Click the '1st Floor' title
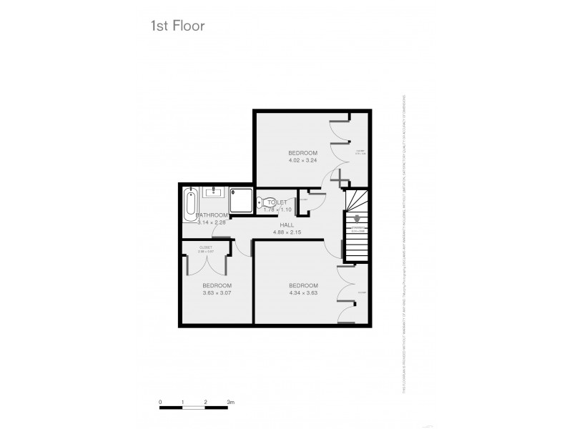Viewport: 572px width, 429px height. tap(177, 26)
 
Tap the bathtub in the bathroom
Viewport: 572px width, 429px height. tap(189, 205)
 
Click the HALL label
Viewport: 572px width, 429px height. tap(288, 225)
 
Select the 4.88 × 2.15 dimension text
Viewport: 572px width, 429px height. tap(288, 232)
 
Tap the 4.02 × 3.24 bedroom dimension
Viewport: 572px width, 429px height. tap(302, 161)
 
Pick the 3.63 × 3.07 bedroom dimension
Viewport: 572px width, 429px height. tap(217, 292)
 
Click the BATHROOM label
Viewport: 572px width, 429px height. tap(212, 215)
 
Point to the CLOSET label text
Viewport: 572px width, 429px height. tap(206, 247)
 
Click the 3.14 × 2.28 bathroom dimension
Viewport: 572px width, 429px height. tap(212, 223)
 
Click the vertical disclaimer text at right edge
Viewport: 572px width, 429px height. tap(405, 243)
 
